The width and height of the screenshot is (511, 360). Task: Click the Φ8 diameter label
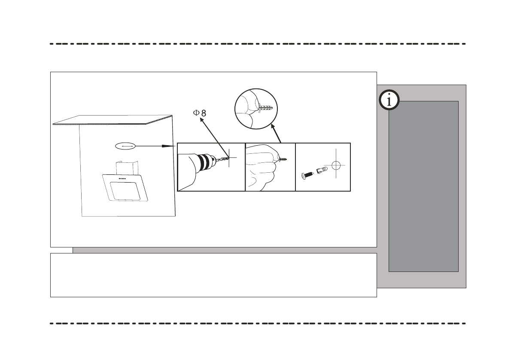pyautogui.click(x=199, y=113)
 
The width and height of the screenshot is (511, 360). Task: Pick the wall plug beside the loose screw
pyautogui.click(x=322, y=170)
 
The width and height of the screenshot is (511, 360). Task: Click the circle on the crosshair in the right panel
pyautogui.click(x=336, y=166)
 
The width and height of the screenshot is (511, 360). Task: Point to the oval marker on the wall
pyautogui.click(x=125, y=146)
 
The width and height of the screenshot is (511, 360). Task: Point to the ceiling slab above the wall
pyautogui.click(x=113, y=120)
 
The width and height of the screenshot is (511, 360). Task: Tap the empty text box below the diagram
pyautogui.click(x=213, y=275)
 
